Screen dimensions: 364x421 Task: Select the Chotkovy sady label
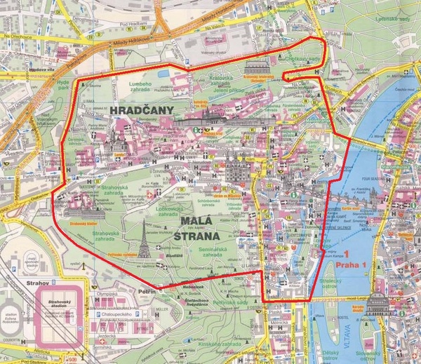pyautogui.click(x=303, y=60)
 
